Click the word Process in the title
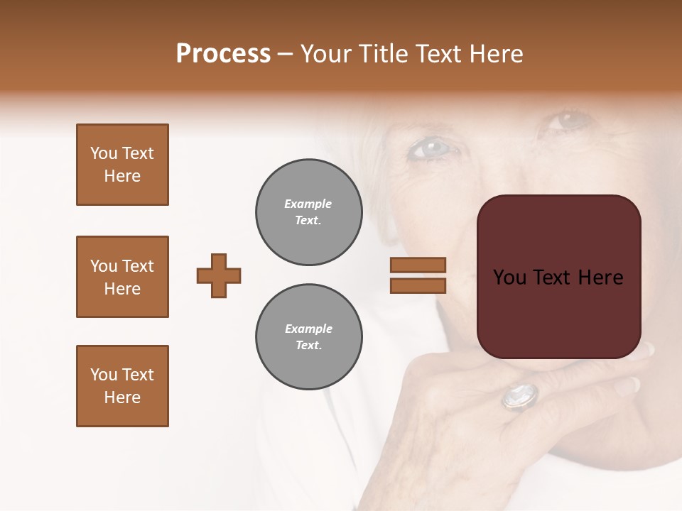coord(223,54)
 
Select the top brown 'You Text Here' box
coord(122,165)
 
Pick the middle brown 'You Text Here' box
coord(122,277)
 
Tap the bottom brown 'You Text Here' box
coord(122,386)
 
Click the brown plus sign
coord(219,275)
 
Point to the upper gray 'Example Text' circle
coord(308,212)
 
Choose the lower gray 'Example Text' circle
coord(308,337)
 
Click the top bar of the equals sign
coord(418,265)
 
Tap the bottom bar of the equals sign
coord(418,285)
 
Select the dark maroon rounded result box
coord(558,277)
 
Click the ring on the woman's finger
coord(519,395)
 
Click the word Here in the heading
coord(494,54)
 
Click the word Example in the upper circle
coord(308,204)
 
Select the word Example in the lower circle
coord(308,329)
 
